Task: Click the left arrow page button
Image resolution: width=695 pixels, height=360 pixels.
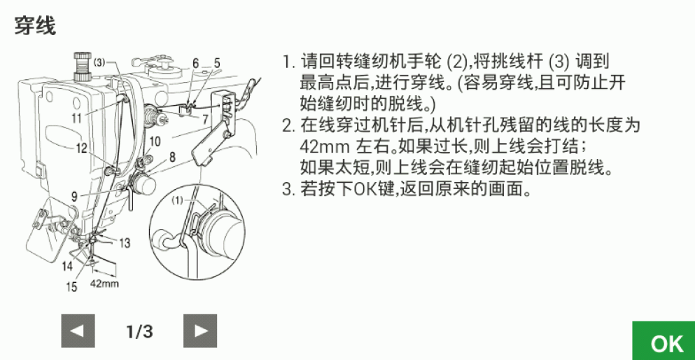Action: pyautogui.click(x=78, y=331)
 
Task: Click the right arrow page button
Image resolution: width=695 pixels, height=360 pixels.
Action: pyautogui.click(x=200, y=331)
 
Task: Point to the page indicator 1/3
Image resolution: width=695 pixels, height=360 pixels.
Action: pyautogui.click(x=139, y=331)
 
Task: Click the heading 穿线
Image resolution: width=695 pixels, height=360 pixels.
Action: pyautogui.click(x=36, y=25)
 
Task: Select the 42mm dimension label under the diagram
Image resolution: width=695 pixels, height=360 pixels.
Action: pyautogui.click(x=104, y=283)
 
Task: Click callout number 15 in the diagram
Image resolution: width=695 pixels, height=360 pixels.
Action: pyautogui.click(x=71, y=287)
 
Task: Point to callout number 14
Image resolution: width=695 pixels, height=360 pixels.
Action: pyautogui.click(x=67, y=266)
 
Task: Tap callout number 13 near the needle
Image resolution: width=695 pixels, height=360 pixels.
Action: pyautogui.click(x=125, y=243)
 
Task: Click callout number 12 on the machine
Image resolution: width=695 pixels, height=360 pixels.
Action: pyautogui.click(x=81, y=148)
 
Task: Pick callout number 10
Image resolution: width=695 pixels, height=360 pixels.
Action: pyautogui.click(x=155, y=141)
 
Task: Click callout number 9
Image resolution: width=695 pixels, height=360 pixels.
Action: pyautogui.click(x=74, y=195)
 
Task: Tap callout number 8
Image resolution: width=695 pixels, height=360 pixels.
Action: pyautogui.click(x=172, y=157)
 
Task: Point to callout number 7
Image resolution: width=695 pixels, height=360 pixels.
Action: pyautogui.click(x=205, y=119)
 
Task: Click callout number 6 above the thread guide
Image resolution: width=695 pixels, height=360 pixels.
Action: pyautogui.click(x=195, y=64)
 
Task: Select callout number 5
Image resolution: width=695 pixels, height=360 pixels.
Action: pyautogui.click(x=217, y=64)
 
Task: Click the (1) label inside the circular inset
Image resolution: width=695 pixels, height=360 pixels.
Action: pyautogui.click(x=177, y=200)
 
